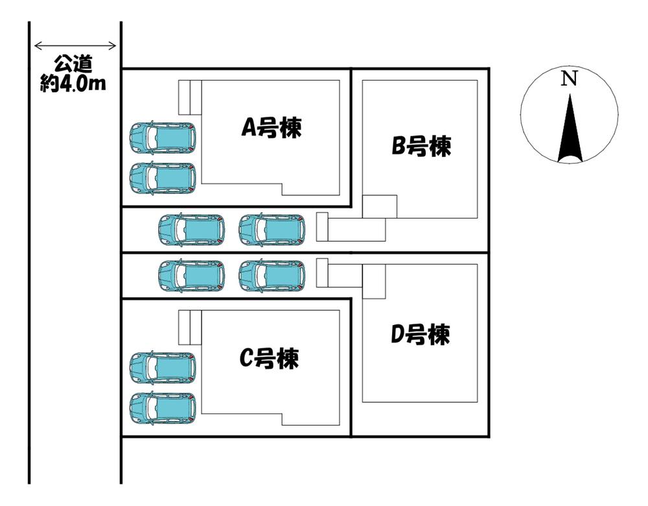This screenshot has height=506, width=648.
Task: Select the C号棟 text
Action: pos(270,357)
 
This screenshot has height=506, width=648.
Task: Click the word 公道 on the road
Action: pos(73,64)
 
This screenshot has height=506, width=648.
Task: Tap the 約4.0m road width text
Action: pos(73,84)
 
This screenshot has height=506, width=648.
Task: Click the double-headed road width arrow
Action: pos(75,46)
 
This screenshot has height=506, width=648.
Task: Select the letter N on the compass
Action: pos(569,78)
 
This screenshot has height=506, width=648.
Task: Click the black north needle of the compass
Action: pos(570,130)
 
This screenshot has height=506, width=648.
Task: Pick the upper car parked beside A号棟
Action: pos(163,137)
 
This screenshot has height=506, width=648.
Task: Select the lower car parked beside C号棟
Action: pos(163,408)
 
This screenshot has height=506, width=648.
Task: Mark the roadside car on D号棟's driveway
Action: pos(192,276)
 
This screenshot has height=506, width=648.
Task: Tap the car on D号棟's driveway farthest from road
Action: pos(272,276)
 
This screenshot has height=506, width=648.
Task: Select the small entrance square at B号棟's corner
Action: pos(379,207)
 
